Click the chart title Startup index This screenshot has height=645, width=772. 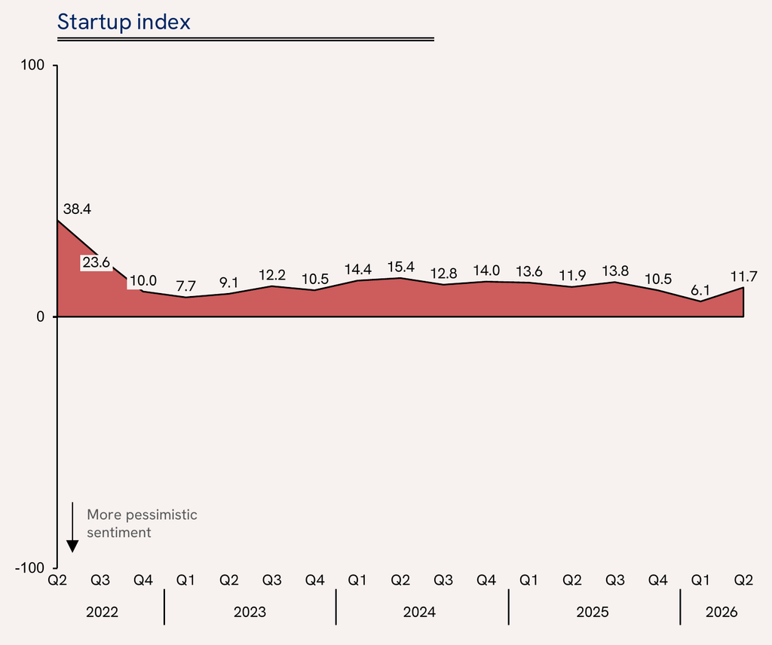(124, 22)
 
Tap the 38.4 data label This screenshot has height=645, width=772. (78, 209)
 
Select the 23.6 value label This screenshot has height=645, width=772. (96, 263)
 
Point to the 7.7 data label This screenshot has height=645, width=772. (185, 286)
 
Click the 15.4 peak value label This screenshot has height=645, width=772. (401, 267)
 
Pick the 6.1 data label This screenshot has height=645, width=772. (700, 290)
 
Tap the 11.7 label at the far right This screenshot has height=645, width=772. (743, 277)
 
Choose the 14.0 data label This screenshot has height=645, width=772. (486, 271)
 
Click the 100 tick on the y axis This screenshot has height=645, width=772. (32, 65)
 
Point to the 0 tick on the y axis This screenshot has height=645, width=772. (41, 316)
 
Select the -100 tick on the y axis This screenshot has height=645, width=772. (30, 567)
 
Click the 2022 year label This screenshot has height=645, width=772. (102, 612)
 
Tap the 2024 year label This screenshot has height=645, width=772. (419, 612)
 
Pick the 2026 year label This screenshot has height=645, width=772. (721, 612)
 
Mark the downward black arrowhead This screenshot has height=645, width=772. (72, 546)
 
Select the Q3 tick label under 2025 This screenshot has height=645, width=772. (614, 580)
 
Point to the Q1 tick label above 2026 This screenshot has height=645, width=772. (700, 580)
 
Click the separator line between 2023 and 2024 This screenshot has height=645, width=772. (335, 607)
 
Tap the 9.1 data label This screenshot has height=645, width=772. (228, 283)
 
